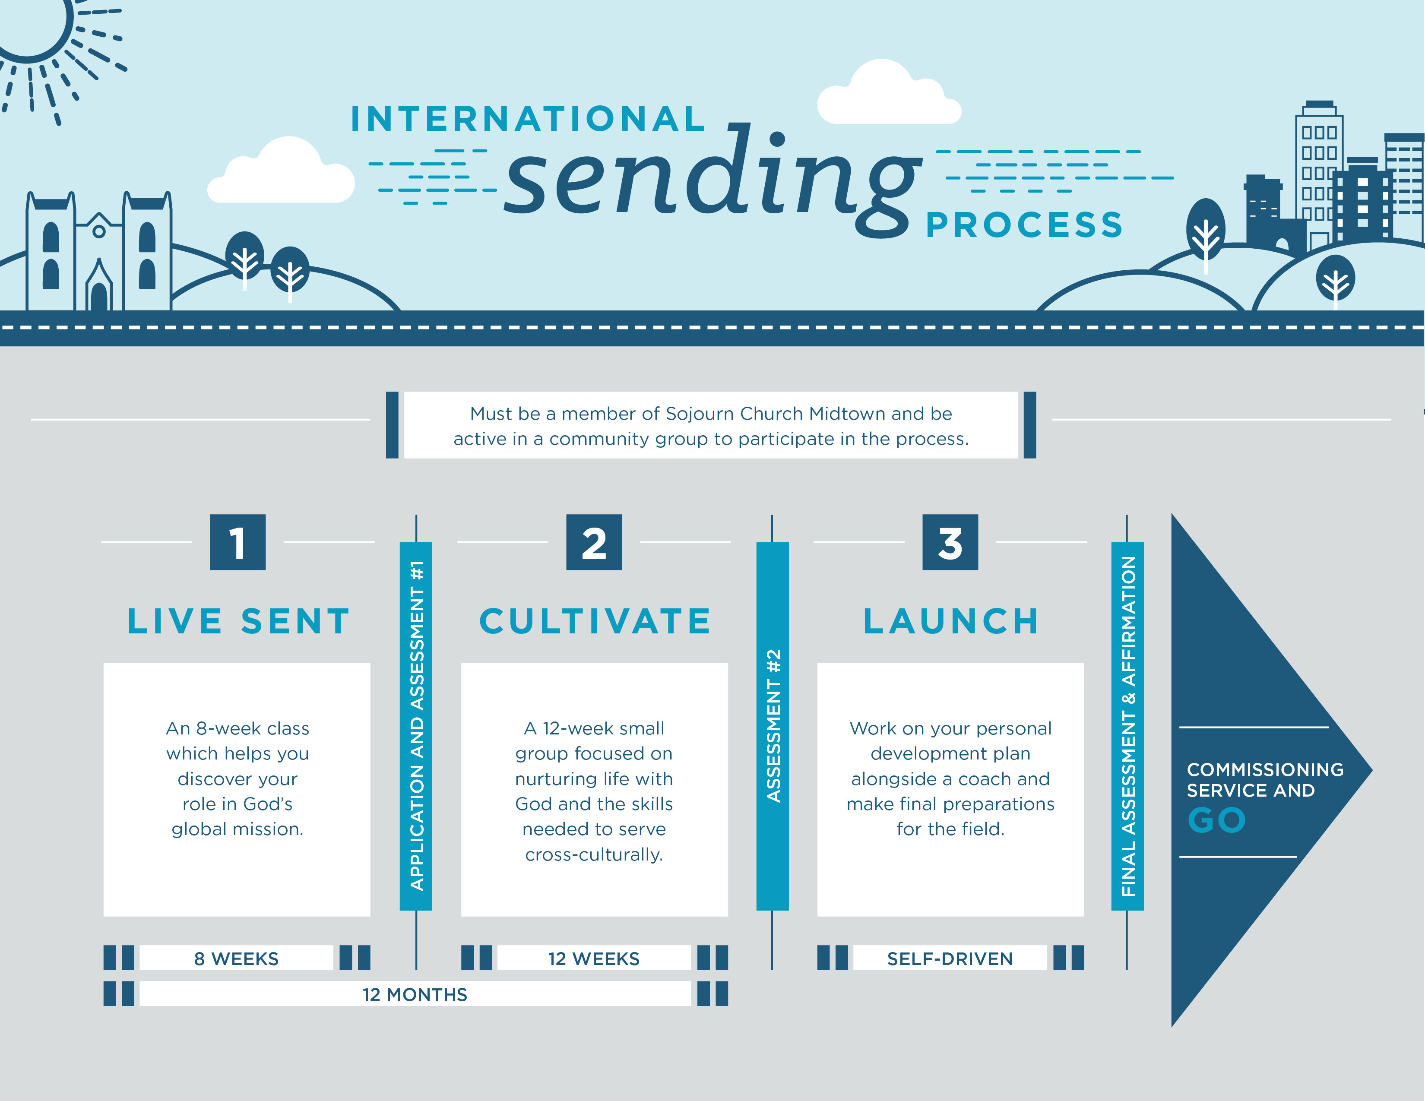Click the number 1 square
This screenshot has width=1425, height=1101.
[237, 542]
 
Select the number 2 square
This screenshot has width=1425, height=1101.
[594, 542]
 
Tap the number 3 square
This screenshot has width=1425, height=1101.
[950, 542]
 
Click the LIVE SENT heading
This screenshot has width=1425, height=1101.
[238, 621]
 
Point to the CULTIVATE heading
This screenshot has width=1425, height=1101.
[595, 621]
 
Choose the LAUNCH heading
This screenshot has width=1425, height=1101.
[951, 621]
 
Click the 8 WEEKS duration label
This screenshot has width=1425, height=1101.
[236, 958]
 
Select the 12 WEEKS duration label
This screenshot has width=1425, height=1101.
[594, 958]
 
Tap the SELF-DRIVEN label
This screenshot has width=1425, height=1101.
[950, 958]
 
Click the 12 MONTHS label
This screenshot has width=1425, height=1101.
[415, 994]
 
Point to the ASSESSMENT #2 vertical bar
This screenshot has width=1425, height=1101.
[773, 726]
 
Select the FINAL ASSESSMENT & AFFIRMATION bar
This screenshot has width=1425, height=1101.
[1127, 726]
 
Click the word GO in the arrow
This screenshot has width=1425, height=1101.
[1216, 820]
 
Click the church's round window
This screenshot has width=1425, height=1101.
[98, 231]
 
